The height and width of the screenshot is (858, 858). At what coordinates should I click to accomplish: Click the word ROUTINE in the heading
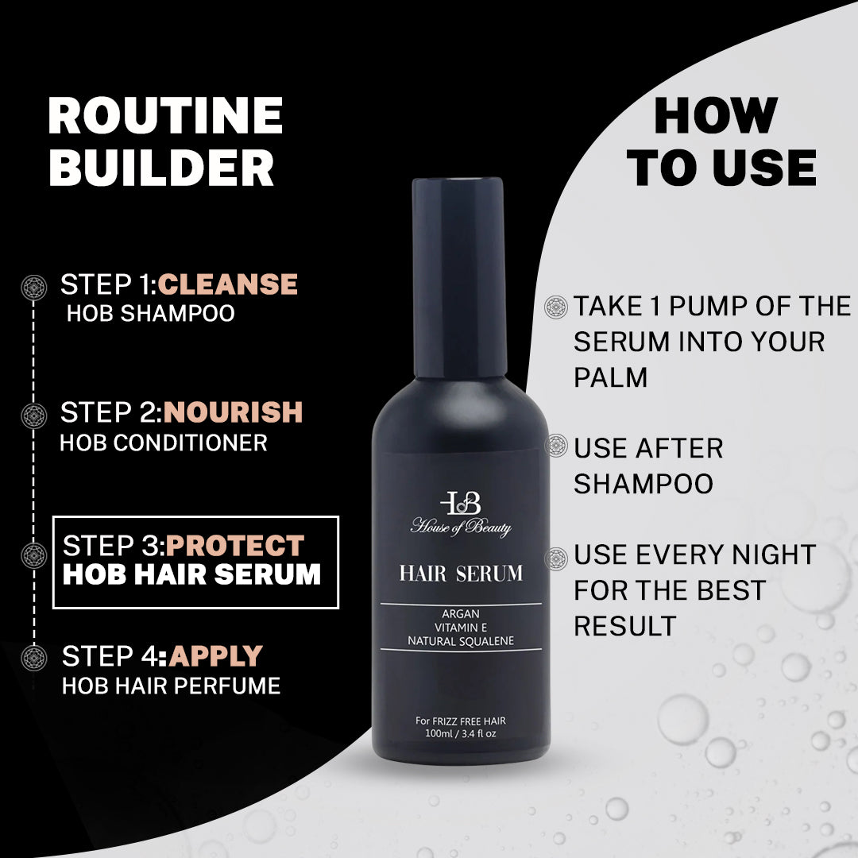pyautogui.click(x=165, y=115)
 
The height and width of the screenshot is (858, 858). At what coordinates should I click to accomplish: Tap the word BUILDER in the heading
pyautogui.click(x=161, y=167)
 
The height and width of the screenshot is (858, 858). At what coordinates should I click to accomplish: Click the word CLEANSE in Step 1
pyautogui.click(x=228, y=284)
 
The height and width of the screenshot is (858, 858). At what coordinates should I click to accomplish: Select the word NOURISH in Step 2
pyautogui.click(x=233, y=412)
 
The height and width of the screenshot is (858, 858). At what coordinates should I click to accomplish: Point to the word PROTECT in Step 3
pyautogui.click(x=235, y=546)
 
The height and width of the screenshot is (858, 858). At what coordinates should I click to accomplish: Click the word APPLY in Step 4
pyautogui.click(x=215, y=656)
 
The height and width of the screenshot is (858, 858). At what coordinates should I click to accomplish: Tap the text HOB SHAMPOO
pyautogui.click(x=150, y=313)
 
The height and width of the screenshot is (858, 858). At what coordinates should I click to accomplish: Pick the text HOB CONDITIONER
pyautogui.click(x=163, y=443)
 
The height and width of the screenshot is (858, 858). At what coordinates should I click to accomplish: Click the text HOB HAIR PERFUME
pyautogui.click(x=172, y=686)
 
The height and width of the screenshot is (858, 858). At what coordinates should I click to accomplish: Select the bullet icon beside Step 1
pyautogui.click(x=34, y=288)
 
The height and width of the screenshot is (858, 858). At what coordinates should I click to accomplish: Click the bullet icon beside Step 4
pyautogui.click(x=34, y=658)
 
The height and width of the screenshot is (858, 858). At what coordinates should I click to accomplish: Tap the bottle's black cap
pyautogui.click(x=458, y=277)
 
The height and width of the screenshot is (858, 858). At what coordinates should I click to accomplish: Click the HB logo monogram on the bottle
pyautogui.click(x=461, y=503)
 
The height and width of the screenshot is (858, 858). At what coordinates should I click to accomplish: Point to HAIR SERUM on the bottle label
pyautogui.click(x=461, y=574)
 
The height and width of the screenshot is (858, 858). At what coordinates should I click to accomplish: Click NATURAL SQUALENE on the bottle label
pyautogui.click(x=461, y=641)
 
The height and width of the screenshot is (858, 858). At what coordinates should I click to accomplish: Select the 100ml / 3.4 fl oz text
pyautogui.click(x=461, y=734)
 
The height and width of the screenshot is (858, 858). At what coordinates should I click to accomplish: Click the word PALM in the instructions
pyautogui.click(x=610, y=377)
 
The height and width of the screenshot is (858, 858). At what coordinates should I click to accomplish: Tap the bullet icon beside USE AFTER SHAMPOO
pyautogui.click(x=556, y=446)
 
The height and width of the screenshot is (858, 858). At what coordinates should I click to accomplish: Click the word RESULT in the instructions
pyautogui.click(x=625, y=626)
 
